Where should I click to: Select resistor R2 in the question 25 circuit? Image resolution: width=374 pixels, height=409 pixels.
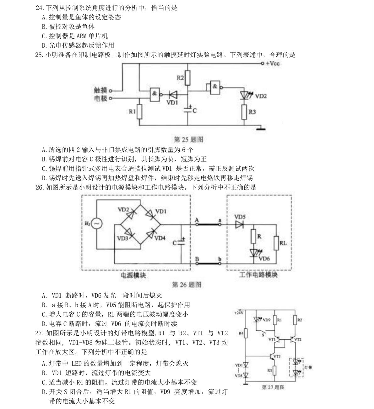point(187,78)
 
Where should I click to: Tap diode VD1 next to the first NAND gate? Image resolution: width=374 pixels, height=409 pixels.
point(172,94)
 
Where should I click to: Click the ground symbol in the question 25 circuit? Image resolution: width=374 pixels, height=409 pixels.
point(261,128)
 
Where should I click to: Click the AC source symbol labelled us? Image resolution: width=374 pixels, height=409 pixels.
point(97,223)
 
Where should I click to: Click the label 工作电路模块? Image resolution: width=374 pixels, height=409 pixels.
point(258,275)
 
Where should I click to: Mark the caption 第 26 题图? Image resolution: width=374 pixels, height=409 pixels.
point(187,284)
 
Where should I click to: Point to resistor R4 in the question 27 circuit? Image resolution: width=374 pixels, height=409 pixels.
point(246,333)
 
